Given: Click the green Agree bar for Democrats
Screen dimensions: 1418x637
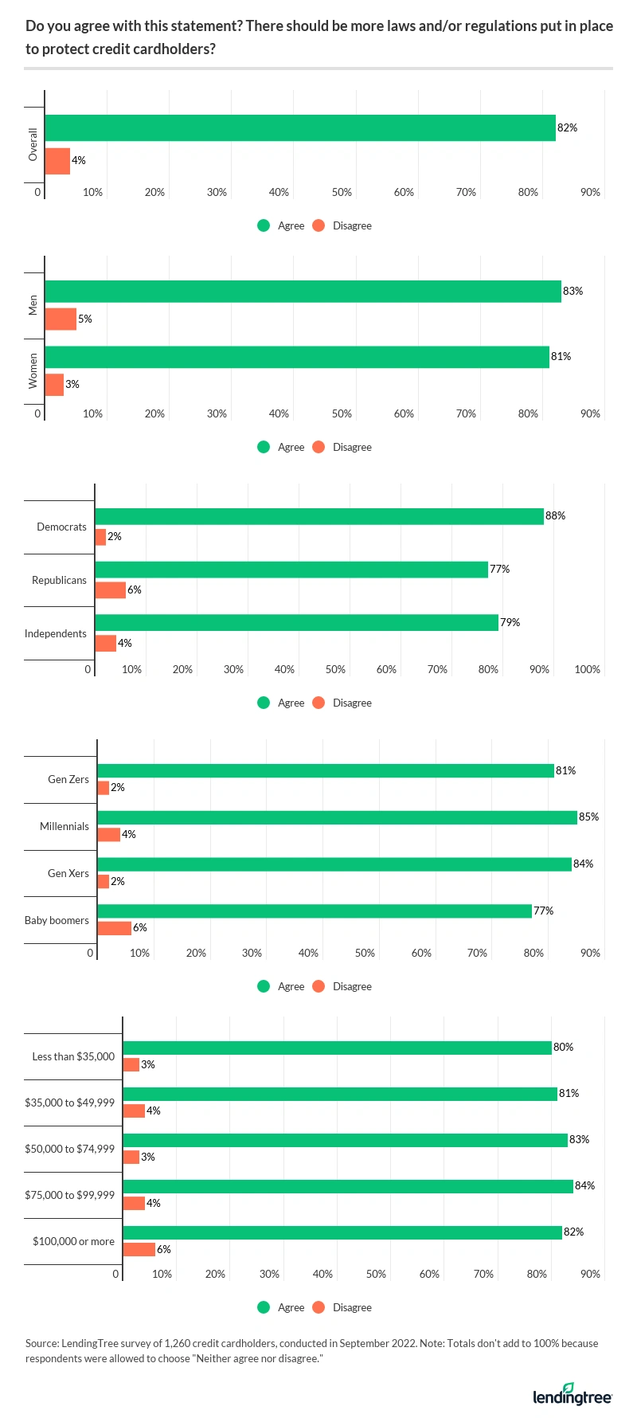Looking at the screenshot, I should coord(318,516).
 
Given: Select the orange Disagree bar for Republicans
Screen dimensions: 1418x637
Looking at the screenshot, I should coord(110,590).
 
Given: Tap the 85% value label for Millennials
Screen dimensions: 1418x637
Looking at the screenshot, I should coord(589,817).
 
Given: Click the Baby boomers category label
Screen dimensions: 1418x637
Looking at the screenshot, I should coord(57,920).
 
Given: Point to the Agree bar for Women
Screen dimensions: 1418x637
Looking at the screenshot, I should coord(296,357).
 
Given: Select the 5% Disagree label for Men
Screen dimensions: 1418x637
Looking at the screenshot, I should coord(85,319).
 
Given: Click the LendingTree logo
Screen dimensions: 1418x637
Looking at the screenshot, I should coord(572,1396).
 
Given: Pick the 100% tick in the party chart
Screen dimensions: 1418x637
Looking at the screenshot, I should coord(588,670).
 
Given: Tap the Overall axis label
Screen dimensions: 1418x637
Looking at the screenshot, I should coord(33,144).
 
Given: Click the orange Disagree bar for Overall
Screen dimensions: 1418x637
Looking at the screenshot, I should coord(57,161).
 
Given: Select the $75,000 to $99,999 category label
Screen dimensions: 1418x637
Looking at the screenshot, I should coord(70,1195).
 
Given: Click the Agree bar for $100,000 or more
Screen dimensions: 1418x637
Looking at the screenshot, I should coord(342,1232).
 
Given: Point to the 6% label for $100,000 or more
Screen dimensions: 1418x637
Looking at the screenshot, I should coord(164,1250).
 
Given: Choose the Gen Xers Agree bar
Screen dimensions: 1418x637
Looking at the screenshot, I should coord(334,864).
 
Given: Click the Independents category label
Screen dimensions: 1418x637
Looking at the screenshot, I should coord(56,634).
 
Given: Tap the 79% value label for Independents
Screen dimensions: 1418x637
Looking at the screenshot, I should coord(510,623).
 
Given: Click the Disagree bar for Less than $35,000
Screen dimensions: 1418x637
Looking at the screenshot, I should coord(131,1065).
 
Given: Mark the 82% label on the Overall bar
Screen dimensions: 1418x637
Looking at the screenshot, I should coord(568,128).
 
